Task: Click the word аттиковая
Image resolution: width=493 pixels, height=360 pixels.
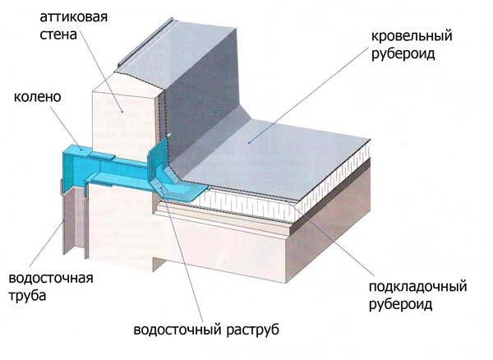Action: click(74, 17)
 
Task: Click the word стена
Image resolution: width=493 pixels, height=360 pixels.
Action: click(58, 35)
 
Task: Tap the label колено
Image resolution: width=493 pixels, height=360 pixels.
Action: click(38, 97)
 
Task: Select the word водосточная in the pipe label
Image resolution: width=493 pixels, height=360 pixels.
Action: click(51, 279)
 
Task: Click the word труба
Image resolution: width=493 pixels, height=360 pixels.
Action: click(27, 296)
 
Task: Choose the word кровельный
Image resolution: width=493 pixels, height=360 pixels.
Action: click(412, 36)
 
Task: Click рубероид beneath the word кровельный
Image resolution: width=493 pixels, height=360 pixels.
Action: click(403, 53)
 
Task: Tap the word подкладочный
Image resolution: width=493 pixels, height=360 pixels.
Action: click(418, 287)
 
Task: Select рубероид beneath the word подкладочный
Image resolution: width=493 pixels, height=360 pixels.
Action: click(401, 304)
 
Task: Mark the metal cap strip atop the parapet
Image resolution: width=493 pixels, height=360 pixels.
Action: click(145, 42)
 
